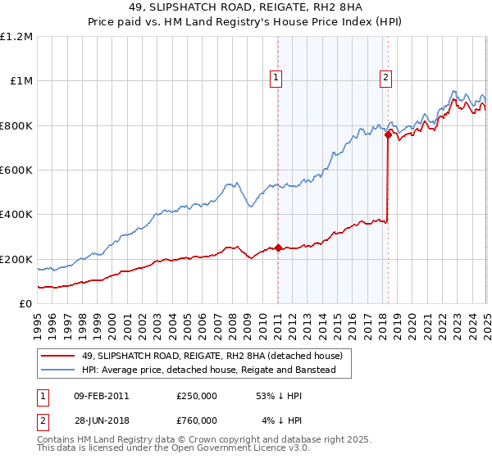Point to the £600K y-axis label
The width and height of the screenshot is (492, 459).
(x=16, y=170)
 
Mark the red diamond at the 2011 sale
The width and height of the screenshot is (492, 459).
(x=278, y=248)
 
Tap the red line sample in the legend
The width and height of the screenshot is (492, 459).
(x=57, y=356)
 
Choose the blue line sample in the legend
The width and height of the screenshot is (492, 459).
(x=57, y=370)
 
